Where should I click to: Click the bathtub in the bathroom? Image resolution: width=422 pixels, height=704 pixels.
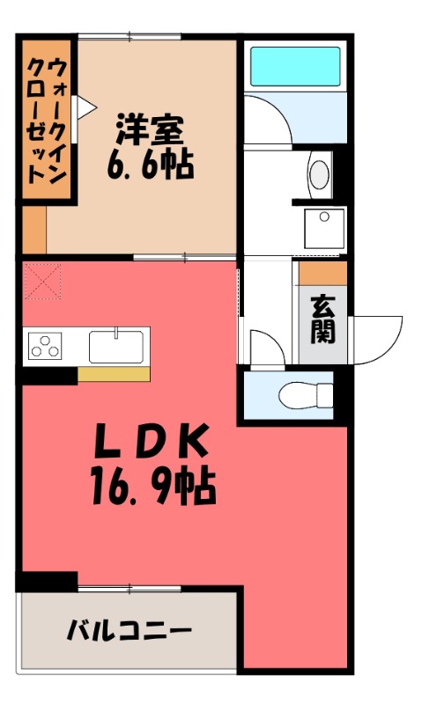click(295, 65)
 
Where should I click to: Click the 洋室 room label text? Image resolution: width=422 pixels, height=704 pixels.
click(151, 130)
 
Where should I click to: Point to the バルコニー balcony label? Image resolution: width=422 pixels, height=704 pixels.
click(129, 631)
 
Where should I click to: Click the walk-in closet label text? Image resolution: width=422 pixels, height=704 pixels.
click(46, 118)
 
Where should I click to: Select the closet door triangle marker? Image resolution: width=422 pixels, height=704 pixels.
click(86, 107)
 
